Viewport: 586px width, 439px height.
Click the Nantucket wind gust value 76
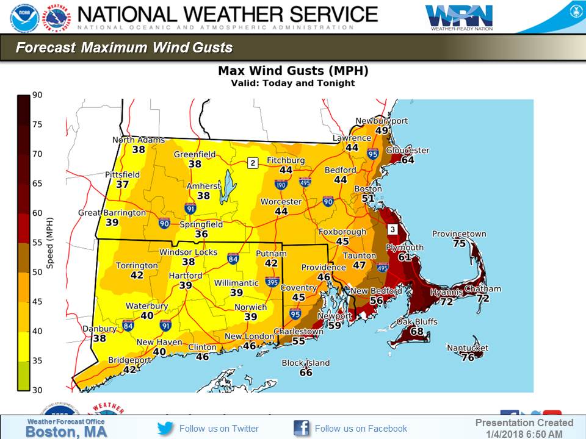(x=468, y=358)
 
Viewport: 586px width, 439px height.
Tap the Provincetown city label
(x=459, y=234)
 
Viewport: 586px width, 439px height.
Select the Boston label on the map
(x=368, y=189)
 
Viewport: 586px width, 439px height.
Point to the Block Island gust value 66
(x=306, y=373)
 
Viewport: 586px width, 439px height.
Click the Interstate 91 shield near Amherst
(x=190, y=209)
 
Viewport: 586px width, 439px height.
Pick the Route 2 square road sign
(x=253, y=162)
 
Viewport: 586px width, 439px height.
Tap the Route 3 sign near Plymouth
(x=393, y=229)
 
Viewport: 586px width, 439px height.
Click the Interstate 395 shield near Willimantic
(x=272, y=282)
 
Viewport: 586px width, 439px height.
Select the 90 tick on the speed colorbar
(x=37, y=95)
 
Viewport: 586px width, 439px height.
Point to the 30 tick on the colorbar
(x=37, y=390)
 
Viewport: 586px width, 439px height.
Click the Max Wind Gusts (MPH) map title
(x=293, y=71)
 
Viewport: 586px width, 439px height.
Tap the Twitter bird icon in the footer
(x=165, y=428)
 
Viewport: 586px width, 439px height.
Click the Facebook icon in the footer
(x=301, y=428)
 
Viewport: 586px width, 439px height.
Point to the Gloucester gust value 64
(x=407, y=160)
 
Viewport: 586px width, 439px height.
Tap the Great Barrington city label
(x=112, y=213)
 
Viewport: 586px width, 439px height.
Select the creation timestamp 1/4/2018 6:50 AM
(x=524, y=434)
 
